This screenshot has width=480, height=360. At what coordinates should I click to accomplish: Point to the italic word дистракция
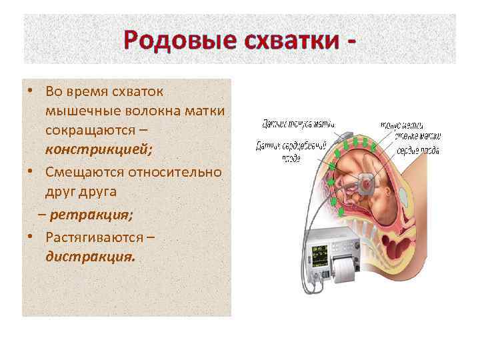click(x=90, y=255)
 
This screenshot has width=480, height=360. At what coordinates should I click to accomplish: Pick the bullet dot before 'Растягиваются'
click(x=31, y=237)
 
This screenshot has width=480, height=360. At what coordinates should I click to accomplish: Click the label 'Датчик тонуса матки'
click(x=297, y=123)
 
